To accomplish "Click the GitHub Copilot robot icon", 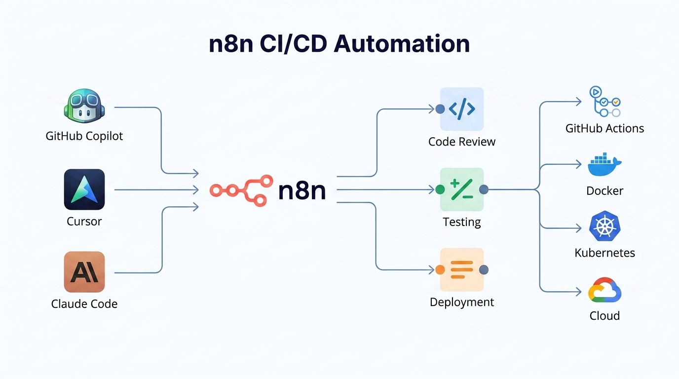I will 84,106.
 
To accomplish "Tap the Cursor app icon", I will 84,189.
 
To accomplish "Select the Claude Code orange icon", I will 84,272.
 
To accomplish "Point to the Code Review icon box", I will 462,109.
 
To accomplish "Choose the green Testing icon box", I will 462,189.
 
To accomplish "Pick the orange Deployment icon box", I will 462,269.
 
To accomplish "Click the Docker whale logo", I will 604,166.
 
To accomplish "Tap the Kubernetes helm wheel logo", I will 604,227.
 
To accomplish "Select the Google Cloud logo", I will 604,291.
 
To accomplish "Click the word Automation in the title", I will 402,43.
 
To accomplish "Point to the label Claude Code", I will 84,303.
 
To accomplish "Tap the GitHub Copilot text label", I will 84,136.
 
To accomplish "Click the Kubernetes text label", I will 604,253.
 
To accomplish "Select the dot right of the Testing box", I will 484,189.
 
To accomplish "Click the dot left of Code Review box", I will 440,109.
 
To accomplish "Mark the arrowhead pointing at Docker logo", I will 579,165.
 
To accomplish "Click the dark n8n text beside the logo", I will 302,190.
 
